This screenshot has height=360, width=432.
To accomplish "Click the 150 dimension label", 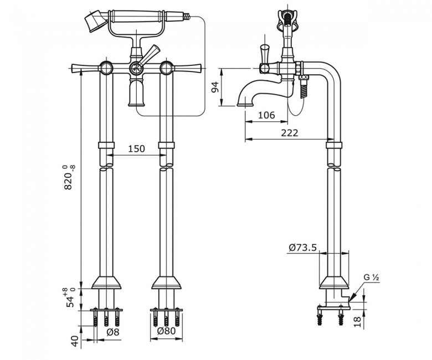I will tap(136, 148).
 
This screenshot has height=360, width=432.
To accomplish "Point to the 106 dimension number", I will tap(266, 115).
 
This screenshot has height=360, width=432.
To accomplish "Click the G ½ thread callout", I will tap(372, 277).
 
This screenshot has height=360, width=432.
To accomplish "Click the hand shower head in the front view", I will tap(95, 22).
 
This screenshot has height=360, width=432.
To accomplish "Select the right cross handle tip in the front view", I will tap(197, 68).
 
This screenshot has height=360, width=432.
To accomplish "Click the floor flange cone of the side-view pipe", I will tap(335, 281).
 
